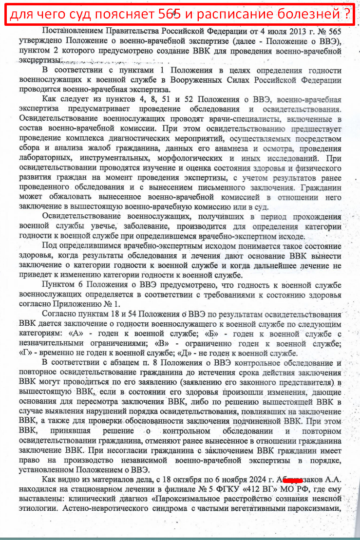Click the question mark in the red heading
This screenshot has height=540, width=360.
346,15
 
